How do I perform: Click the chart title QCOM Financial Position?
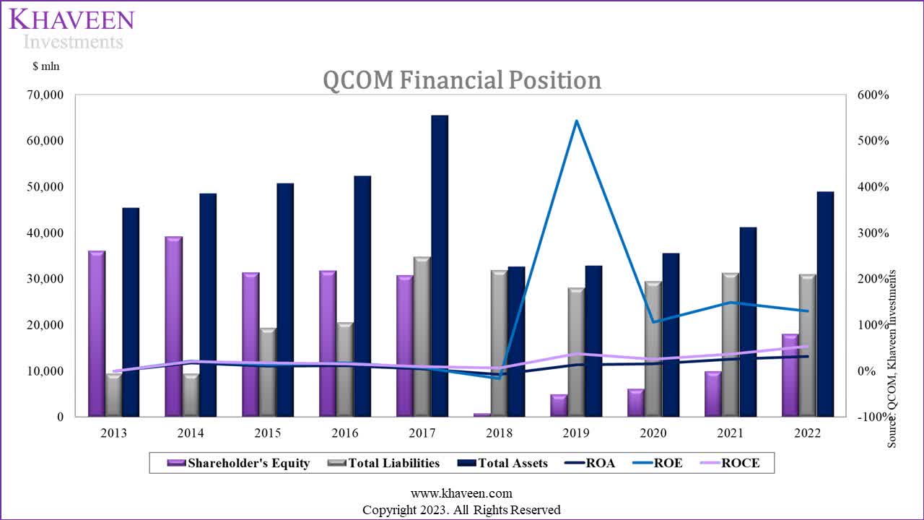461,79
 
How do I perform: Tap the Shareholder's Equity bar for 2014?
173,326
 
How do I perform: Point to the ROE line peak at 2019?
576,121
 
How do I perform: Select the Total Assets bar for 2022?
824,304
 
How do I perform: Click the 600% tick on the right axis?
873,95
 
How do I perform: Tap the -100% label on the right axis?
871,417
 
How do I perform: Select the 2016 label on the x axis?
344,433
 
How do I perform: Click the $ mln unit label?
45,66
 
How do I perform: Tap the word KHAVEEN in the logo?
72,19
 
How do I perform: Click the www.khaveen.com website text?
461,493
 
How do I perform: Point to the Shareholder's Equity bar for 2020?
635,402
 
